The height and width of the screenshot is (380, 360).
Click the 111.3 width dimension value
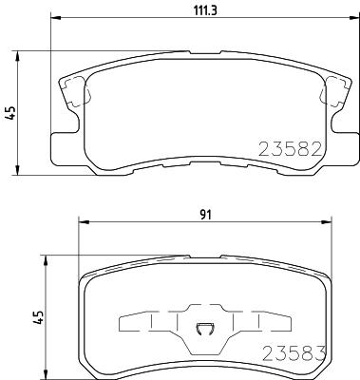click(205, 10)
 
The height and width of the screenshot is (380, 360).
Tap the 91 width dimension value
click(205, 215)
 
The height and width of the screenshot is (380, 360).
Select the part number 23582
click(291, 149)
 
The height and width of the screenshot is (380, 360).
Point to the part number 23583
click(294, 353)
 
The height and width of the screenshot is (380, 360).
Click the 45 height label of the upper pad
click(10, 113)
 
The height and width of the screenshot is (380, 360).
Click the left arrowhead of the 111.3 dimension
click(56, 18)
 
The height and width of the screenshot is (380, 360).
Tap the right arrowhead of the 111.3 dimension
click(354, 18)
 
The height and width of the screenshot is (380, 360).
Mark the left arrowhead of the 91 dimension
click(84, 222)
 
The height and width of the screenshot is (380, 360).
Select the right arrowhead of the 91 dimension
click(326, 222)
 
